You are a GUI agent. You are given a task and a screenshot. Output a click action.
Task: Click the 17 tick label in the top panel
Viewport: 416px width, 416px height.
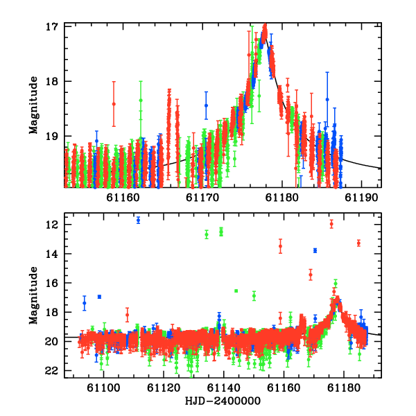click(52, 27)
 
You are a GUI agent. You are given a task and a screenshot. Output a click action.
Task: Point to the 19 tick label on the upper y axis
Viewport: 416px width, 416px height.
click(52, 136)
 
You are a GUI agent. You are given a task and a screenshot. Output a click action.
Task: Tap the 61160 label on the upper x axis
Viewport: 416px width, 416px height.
click(123, 198)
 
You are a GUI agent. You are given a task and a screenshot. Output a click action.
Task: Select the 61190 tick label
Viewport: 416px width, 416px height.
click(361, 198)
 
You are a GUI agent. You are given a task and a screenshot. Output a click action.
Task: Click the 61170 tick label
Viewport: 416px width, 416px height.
click(202, 198)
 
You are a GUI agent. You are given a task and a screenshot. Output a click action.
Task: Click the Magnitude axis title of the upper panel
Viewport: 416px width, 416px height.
click(34, 105)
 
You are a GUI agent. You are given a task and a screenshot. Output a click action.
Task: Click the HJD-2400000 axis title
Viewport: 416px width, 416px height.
click(223, 401)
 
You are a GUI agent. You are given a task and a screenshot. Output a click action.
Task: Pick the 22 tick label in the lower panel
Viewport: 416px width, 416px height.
click(51, 371)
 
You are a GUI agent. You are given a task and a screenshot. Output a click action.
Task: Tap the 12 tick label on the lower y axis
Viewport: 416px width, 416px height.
click(52, 225)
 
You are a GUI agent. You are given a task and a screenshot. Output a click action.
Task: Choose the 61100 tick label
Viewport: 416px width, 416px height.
click(103, 388)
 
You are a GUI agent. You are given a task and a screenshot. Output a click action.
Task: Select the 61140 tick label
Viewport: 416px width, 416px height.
click(224, 388)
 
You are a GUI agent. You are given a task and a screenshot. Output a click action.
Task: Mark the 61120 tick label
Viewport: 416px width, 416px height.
click(164, 388)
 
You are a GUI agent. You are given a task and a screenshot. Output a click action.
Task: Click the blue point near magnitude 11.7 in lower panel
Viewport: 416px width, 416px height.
click(138, 220)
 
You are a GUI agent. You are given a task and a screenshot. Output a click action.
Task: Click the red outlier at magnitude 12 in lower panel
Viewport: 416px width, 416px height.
click(331, 224)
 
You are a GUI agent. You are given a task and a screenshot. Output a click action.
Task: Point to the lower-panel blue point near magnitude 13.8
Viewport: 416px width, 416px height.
click(315, 250)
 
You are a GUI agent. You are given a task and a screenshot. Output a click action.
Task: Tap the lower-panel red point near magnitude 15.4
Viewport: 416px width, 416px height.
click(311, 275)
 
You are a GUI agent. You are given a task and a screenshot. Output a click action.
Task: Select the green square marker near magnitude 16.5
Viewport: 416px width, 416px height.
click(236, 291)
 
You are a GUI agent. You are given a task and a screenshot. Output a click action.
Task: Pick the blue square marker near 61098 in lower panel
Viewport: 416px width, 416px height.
click(99, 297)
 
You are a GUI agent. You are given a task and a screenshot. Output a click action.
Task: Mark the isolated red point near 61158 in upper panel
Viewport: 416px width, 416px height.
click(114, 104)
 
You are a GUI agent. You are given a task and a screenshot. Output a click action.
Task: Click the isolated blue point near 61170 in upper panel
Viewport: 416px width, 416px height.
click(206, 105)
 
